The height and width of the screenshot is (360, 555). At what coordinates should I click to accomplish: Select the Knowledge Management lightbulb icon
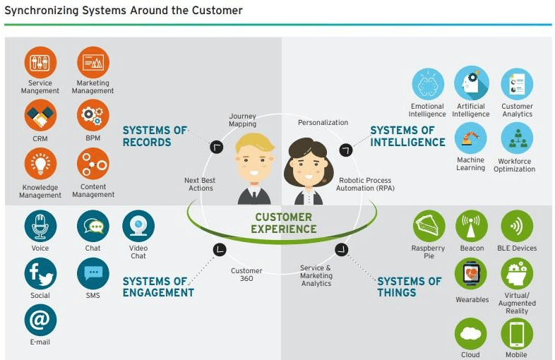coord(40,164)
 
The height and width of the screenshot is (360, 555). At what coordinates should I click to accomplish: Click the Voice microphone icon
coord(40,226)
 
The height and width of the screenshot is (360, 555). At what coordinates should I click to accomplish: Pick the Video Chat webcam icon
coord(138,226)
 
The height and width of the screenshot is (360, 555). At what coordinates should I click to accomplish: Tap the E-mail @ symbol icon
coord(40,320)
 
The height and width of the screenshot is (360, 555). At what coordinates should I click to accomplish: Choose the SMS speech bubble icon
coord(92,273)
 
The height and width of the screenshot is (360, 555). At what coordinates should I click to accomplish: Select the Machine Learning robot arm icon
coord(470,137)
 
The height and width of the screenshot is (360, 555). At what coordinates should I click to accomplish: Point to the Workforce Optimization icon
coord(516,138)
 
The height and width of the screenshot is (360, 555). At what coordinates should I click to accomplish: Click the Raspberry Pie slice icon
coord(429,226)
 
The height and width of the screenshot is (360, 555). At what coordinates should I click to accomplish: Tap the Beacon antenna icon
coord(472,226)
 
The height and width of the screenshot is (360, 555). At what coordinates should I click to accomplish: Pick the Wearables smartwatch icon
coord(472,274)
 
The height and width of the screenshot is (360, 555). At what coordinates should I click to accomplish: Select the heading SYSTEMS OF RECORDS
coord(155,136)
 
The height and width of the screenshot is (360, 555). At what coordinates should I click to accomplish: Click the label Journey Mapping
coord(242,121)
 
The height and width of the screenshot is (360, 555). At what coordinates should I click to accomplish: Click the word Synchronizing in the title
coord(42,11)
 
